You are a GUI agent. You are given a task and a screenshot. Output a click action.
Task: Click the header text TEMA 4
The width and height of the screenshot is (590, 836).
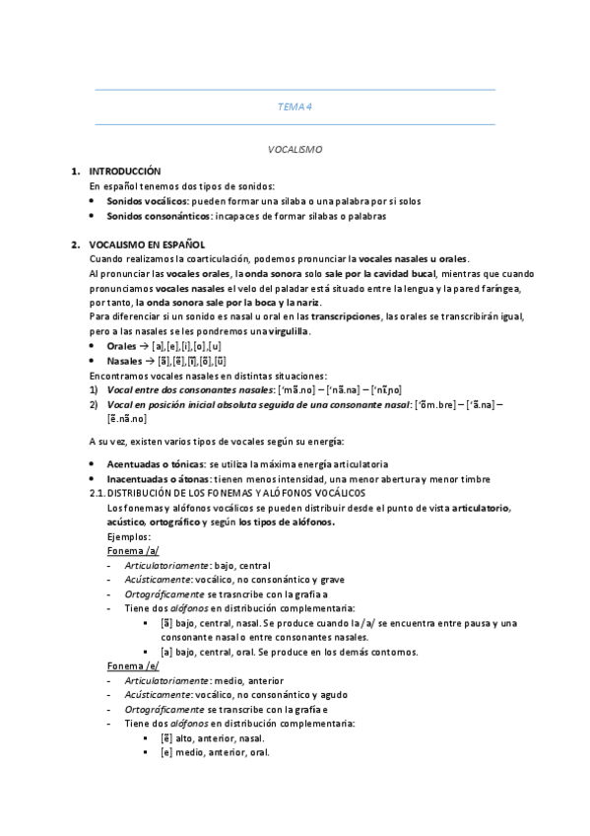click(295, 107)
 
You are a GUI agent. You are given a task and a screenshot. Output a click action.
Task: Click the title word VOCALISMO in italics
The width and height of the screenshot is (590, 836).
click(295, 150)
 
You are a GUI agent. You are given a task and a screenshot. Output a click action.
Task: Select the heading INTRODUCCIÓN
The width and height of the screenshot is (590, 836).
click(124, 171)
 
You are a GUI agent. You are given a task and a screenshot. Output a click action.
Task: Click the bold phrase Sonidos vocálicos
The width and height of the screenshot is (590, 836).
click(147, 200)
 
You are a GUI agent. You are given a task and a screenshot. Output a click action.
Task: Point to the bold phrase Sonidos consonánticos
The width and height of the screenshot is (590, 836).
click(158, 215)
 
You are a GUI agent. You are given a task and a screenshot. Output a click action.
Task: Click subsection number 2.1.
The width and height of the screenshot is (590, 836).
click(97, 492)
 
